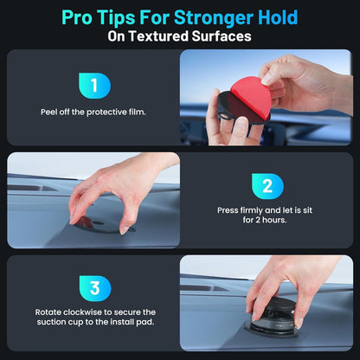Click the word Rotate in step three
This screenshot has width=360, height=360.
[48, 312]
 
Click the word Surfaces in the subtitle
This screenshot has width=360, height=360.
[223, 36]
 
